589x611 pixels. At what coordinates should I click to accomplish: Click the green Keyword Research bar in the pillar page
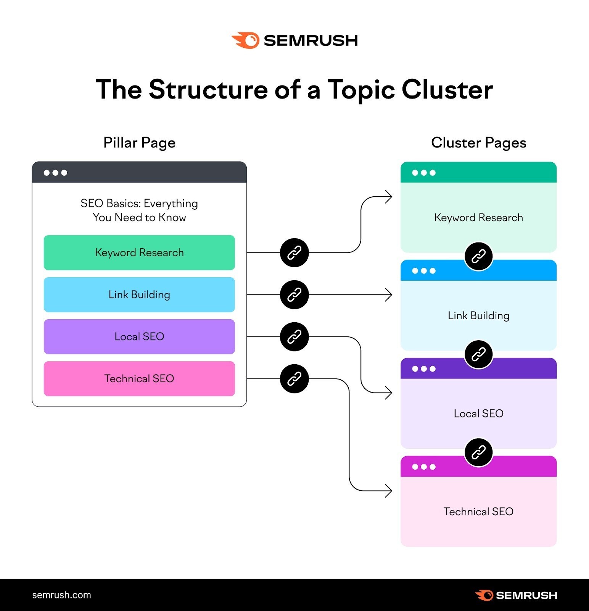139,253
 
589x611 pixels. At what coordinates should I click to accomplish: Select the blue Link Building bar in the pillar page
139,295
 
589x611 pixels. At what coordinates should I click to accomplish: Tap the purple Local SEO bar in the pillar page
139,337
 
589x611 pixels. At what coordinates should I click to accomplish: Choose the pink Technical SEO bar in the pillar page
139,379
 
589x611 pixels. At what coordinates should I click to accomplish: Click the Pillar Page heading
139,143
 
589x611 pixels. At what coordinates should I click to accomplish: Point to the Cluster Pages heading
478,143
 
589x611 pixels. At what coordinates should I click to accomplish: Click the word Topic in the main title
361,90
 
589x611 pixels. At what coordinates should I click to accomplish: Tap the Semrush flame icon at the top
246,40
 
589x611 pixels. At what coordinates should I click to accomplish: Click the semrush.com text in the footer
61,595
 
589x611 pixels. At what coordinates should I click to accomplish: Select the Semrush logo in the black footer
516,595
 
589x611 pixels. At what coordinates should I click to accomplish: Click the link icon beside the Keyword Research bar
294,253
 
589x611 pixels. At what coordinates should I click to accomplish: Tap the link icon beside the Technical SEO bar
294,379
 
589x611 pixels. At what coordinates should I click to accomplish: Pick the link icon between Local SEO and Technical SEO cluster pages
478,453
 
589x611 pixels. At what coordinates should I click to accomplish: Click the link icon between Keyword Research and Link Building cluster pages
478,256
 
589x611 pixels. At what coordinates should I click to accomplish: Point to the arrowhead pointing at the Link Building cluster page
389,295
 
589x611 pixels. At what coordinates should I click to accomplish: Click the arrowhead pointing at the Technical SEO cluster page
389,491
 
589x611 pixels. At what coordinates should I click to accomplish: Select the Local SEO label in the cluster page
478,414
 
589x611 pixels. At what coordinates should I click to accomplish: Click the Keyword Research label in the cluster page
478,218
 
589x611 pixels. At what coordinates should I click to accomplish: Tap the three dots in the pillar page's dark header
55,173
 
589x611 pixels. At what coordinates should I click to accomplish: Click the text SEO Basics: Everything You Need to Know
139,210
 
